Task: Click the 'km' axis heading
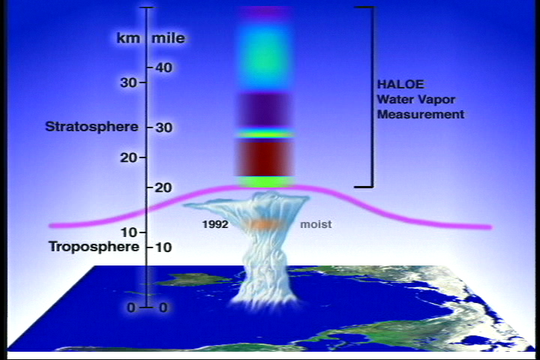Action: point(128,38)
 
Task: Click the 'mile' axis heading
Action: point(169,38)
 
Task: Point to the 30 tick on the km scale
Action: point(142,82)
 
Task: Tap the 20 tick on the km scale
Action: point(142,157)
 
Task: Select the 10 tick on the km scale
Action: point(142,232)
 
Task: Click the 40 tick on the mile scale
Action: point(150,67)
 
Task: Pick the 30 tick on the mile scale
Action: point(150,127)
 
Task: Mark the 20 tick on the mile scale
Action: point(150,187)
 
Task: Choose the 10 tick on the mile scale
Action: point(150,247)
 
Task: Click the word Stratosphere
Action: point(91,127)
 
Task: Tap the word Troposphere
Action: point(94,247)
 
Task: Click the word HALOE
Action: point(400,85)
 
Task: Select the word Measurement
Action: point(421,114)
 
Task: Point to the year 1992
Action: point(215,224)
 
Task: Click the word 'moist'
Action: point(316,224)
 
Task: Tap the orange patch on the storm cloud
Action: point(265,224)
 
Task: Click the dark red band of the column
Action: point(265,158)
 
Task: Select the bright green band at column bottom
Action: point(265,182)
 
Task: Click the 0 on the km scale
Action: point(131,307)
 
